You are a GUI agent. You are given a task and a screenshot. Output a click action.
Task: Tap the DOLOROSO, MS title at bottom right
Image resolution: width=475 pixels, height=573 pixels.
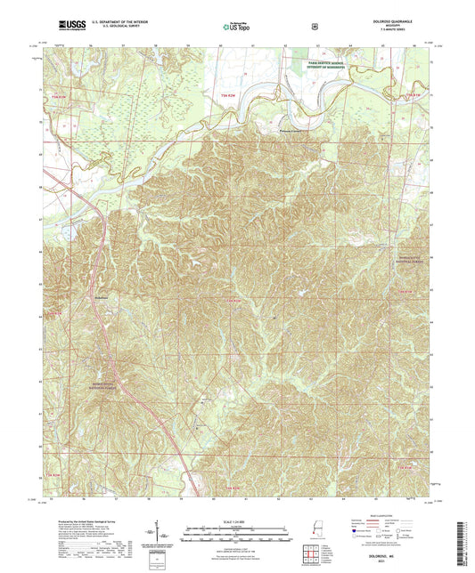[x=389, y=554]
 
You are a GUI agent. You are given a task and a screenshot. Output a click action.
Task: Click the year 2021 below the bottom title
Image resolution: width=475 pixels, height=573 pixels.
[x=389, y=561]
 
